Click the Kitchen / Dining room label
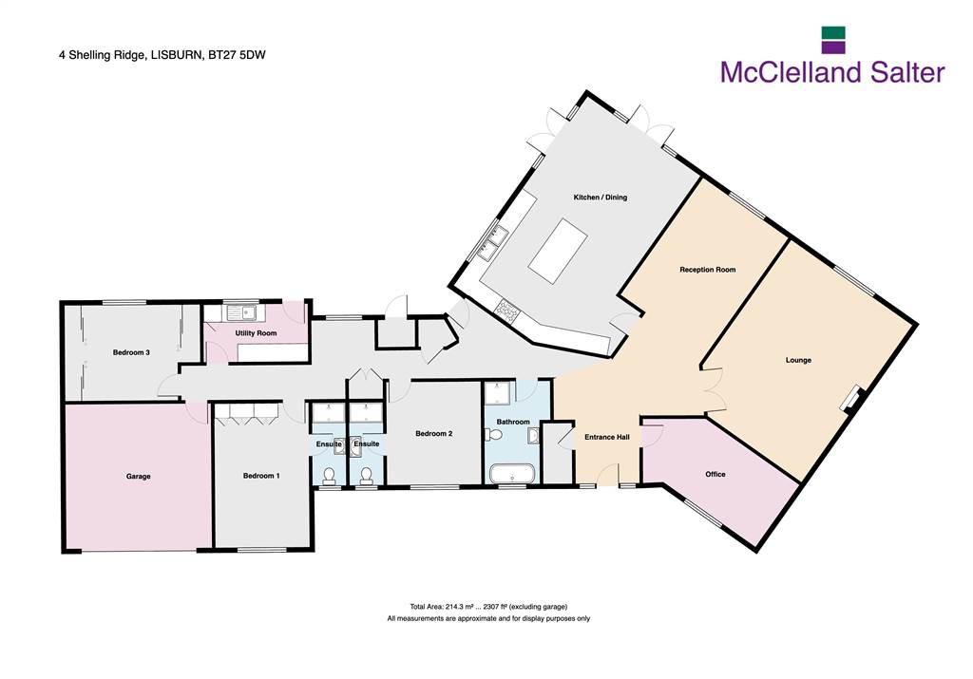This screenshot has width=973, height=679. click(601, 198)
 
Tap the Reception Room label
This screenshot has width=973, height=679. click(707, 270)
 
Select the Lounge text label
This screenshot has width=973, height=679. click(798, 360)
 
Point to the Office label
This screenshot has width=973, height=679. click(715, 475)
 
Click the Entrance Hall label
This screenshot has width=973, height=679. click(607, 437)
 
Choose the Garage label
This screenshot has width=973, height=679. click(139, 477)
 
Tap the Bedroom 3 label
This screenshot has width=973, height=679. click(131, 353)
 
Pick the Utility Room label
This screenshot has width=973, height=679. click(256, 333)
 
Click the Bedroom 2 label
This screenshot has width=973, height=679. click(433, 434)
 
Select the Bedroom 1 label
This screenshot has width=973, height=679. click(261, 476)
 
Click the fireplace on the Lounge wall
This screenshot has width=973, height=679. click(852, 399)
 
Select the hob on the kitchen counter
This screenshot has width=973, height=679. click(508, 310)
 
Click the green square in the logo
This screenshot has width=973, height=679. click(833, 33)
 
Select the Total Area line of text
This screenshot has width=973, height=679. click(488, 607)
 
